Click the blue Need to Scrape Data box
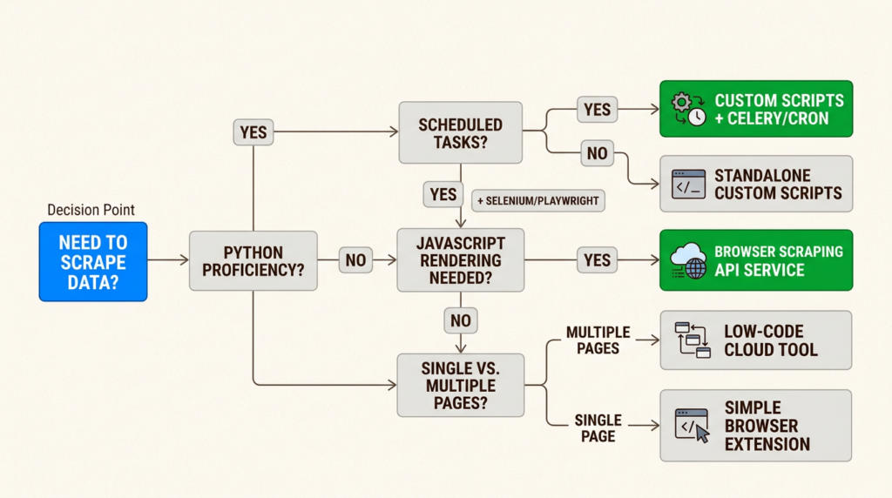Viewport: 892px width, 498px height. coord(93,261)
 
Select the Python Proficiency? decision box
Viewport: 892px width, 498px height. coord(253,260)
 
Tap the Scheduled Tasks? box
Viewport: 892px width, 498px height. coord(461,132)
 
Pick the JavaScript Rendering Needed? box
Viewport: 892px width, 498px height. coord(461,260)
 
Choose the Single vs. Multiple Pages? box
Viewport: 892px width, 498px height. coord(461,385)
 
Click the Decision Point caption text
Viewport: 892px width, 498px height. coord(91,210)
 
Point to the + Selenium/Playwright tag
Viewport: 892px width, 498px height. coord(538,200)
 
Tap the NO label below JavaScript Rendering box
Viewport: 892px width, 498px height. coord(461,320)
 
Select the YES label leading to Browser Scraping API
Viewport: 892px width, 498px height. coord(597,259)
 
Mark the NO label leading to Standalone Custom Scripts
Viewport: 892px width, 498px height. coord(598,154)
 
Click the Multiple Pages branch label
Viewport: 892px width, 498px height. coord(598,340)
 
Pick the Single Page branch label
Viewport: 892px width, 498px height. coord(598,427)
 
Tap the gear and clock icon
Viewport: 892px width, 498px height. coord(687,109)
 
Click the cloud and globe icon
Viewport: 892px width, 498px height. coord(688,260)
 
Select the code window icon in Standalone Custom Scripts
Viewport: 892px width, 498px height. coord(688,184)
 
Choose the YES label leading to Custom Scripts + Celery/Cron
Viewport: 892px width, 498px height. coord(598,109)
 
